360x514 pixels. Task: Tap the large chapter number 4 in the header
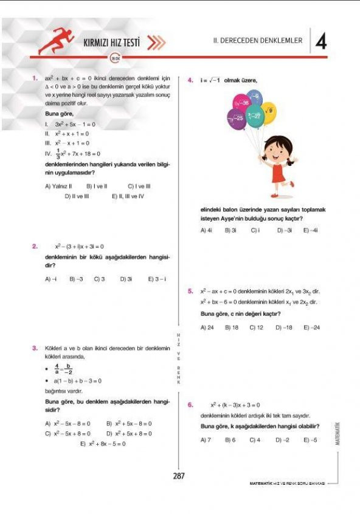point(322,41)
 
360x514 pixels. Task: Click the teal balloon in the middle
point(254,115)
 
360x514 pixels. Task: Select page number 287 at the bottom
point(178,476)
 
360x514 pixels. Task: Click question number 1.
point(35,78)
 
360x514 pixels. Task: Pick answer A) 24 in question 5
point(207,327)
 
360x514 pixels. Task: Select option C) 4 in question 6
point(255,439)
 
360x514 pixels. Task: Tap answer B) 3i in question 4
point(230,230)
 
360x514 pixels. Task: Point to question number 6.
point(190,404)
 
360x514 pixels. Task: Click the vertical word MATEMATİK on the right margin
point(337,433)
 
